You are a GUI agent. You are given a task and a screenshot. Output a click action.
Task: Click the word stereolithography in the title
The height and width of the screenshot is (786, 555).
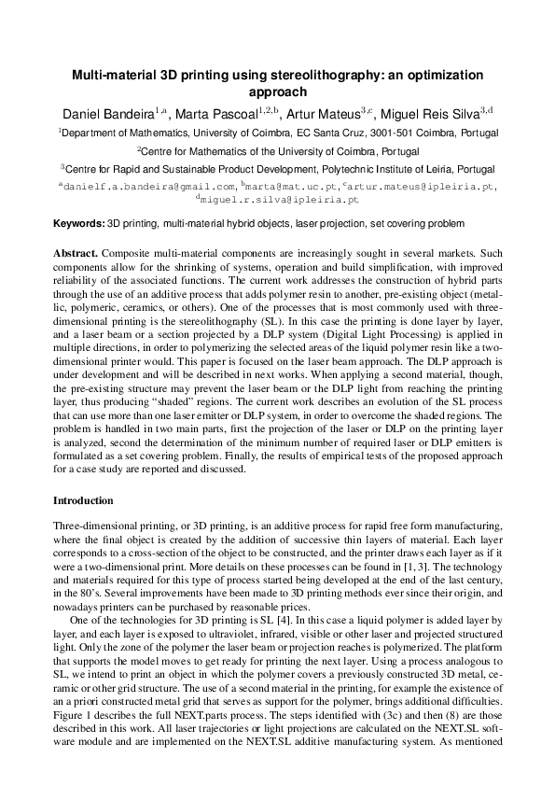313,75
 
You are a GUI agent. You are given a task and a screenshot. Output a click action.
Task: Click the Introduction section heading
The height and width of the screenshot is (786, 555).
84,501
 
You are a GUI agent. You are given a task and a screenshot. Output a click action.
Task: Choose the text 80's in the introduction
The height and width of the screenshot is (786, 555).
80,579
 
